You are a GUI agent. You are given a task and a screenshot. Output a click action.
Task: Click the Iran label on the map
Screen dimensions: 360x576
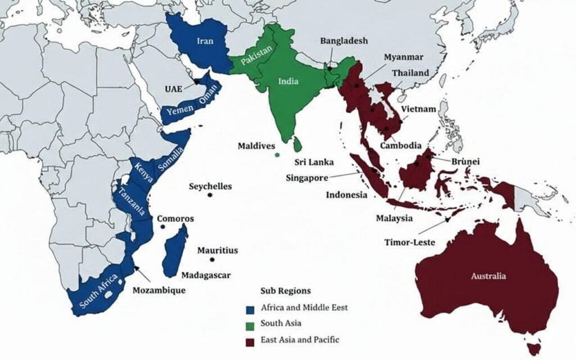coord(205,40)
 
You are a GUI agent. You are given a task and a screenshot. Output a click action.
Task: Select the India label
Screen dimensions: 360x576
coord(289,81)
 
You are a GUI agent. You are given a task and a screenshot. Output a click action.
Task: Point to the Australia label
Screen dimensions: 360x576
coord(488,276)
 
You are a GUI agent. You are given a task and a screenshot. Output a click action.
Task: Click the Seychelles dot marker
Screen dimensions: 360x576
coord(210,195)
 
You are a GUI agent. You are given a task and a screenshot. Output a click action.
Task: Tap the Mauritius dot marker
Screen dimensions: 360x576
coord(212,260)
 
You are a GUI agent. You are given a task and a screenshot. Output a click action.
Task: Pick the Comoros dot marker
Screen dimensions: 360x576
coord(163,227)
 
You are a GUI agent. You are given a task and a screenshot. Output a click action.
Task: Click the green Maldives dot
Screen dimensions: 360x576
coord(277,155)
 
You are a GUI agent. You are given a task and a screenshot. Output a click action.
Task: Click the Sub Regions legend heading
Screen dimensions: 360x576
coord(286,291)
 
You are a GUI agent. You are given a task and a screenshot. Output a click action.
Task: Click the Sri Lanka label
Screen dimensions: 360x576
coord(314,162)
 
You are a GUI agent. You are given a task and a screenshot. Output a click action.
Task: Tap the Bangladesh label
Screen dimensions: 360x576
coord(344,40)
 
